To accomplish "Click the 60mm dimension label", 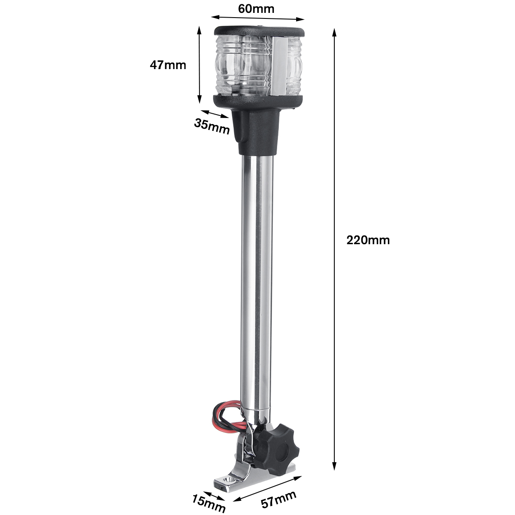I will pos(256,9).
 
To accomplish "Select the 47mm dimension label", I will pos(168,65).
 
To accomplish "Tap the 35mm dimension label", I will pos(212,126).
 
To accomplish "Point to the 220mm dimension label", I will pos(368,240).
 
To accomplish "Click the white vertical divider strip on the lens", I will pos(279,67).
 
